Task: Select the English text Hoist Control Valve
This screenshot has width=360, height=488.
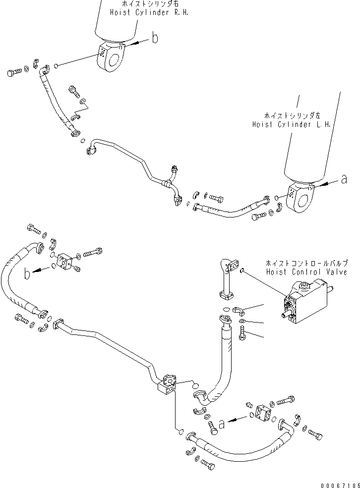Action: pos(306,272)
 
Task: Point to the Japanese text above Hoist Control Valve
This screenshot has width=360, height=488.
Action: pos(306,264)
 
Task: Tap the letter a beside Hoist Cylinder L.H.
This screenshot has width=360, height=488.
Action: pos(344,180)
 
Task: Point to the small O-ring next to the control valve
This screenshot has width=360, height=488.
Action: pos(241,271)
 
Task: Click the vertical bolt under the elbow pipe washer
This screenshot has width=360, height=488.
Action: pos(242,335)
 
